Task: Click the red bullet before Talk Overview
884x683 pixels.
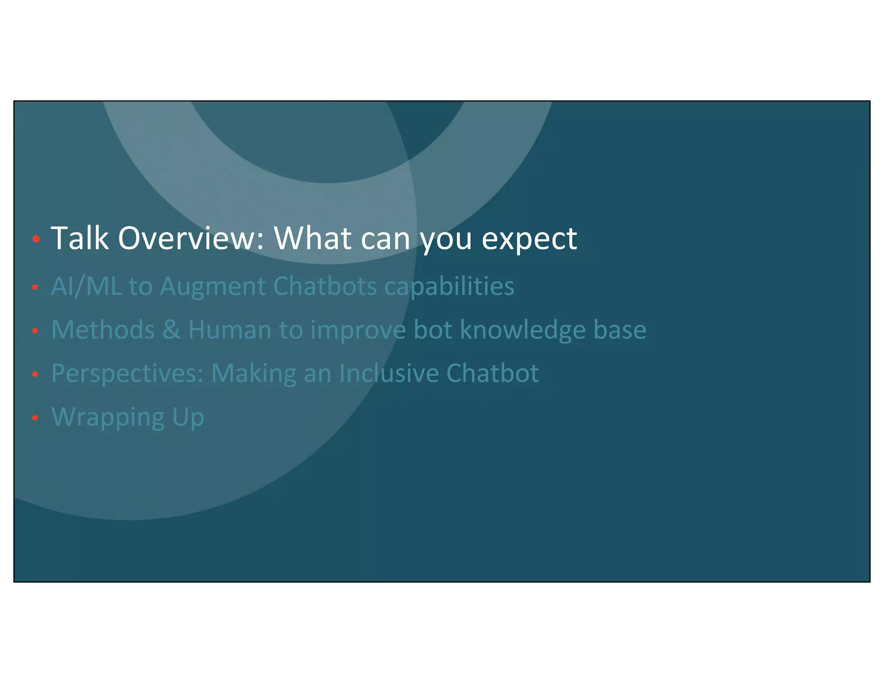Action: (36, 239)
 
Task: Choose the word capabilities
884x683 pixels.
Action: (449, 287)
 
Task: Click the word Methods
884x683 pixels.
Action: (103, 330)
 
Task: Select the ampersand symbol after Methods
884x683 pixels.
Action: (171, 330)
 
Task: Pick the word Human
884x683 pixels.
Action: (230, 330)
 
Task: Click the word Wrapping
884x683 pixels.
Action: (108, 417)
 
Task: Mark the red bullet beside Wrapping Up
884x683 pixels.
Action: (35, 417)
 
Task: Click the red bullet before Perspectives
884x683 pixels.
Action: (35, 374)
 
